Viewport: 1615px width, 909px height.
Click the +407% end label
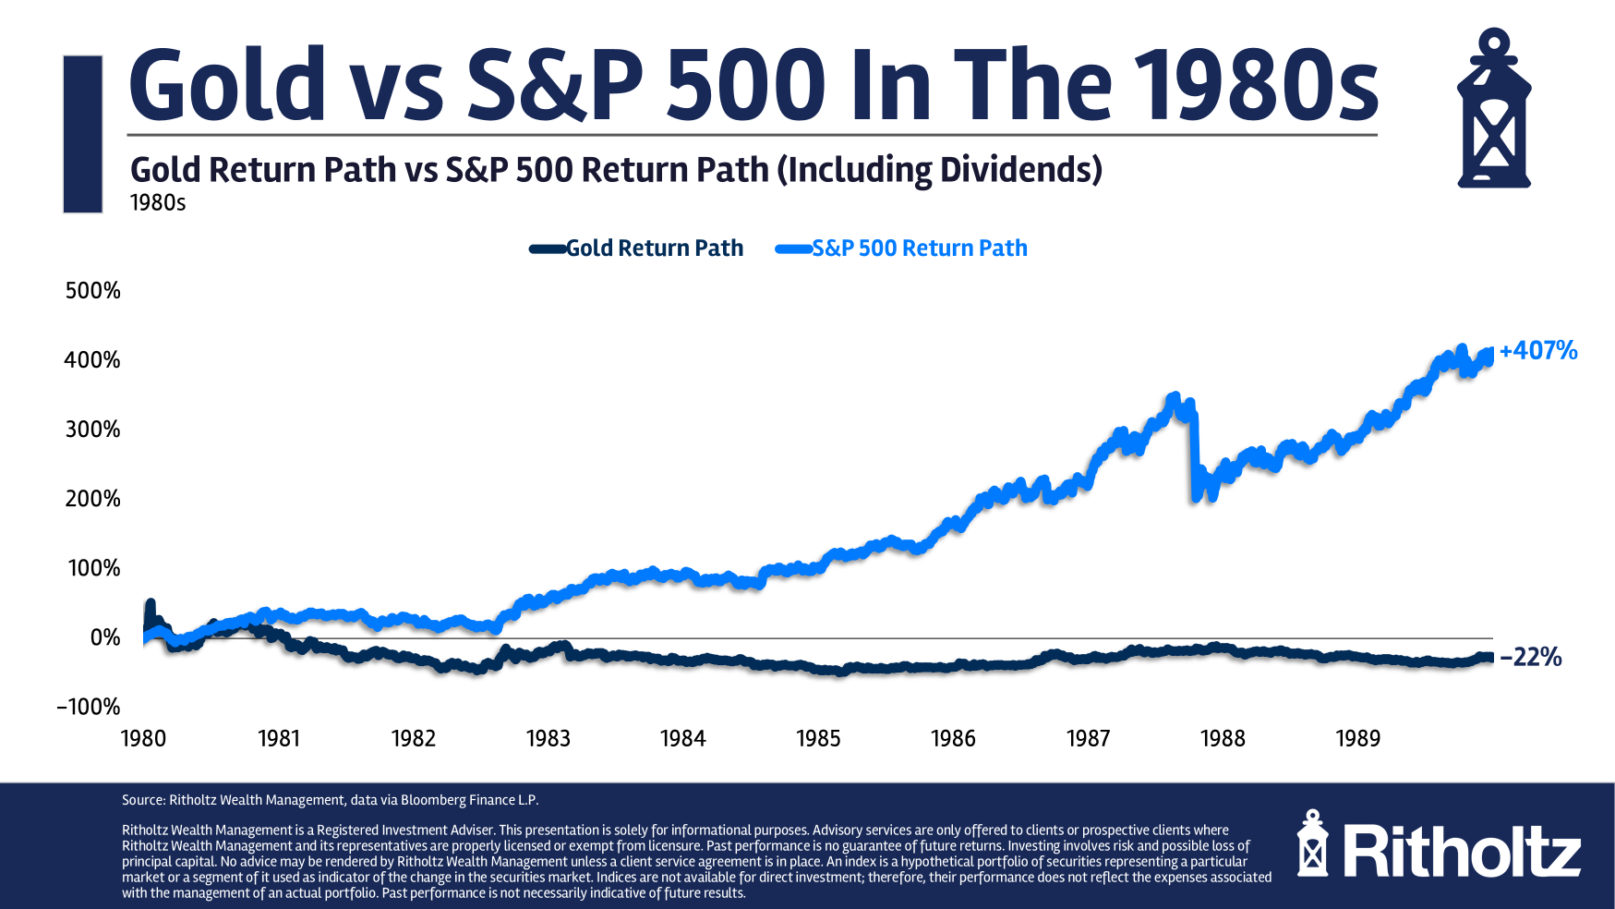click(1537, 351)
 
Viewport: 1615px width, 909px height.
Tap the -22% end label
click(1530, 658)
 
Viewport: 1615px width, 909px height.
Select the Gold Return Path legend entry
click(654, 248)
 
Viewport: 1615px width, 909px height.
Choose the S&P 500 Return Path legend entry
click(919, 248)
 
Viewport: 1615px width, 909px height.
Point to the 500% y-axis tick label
click(93, 291)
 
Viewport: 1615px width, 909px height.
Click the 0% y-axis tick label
click(105, 637)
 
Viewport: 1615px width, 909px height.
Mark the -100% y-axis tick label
click(89, 708)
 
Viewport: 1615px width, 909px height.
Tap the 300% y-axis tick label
click(93, 430)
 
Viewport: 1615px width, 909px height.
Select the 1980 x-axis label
click(144, 739)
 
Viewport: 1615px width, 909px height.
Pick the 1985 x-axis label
click(818, 739)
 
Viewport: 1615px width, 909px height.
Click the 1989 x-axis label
click(1357, 739)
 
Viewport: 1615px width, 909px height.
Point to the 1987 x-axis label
click(1088, 739)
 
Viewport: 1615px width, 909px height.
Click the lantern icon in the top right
click(1493, 109)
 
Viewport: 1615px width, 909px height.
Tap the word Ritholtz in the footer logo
click(1462, 852)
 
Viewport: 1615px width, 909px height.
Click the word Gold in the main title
click(227, 85)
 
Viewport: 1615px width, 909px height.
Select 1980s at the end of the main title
click(1256, 85)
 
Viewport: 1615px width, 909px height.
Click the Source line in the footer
click(330, 800)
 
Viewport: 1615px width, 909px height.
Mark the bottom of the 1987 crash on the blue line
click(1197, 497)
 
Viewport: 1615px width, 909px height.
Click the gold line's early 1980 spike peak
click(150, 603)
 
